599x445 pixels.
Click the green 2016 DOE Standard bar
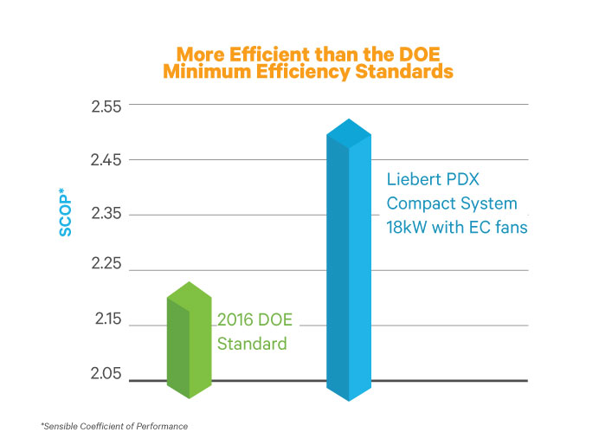[189, 342]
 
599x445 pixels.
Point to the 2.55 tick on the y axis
[108, 106]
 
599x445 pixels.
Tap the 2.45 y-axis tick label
[108, 160]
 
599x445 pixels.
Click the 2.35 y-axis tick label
[108, 215]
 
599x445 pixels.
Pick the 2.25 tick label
[108, 270]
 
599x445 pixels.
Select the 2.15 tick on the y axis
[108, 325]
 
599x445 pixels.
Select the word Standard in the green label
[251, 344]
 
